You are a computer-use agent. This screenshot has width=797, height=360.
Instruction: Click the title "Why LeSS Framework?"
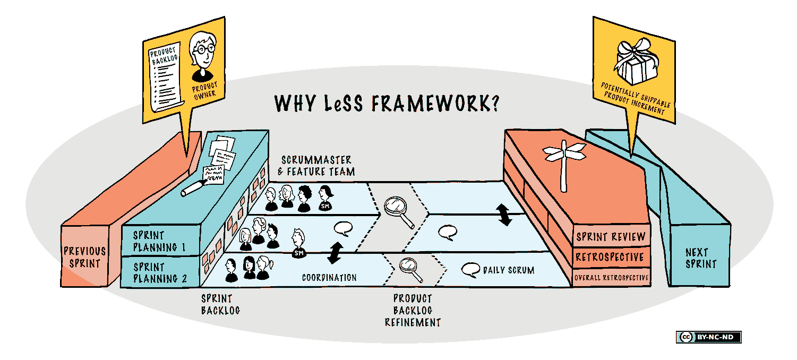(387, 104)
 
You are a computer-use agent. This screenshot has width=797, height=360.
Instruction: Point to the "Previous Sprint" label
(84, 256)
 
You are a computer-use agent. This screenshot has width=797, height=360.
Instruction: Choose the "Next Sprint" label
(700, 258)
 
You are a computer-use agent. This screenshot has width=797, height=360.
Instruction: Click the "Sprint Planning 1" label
(155, 241)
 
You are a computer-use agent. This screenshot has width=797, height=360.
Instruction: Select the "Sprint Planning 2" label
(156, 272)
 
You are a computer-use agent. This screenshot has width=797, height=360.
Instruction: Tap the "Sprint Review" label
(611, 237)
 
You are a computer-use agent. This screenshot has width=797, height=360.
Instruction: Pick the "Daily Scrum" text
(508, 270)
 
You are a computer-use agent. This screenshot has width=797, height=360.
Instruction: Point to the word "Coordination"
(329, 278)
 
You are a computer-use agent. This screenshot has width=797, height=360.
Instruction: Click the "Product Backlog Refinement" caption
(413, 310)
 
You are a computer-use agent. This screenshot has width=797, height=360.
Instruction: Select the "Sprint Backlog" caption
(220, 304)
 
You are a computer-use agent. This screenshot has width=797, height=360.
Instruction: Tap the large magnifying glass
(397, 209)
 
